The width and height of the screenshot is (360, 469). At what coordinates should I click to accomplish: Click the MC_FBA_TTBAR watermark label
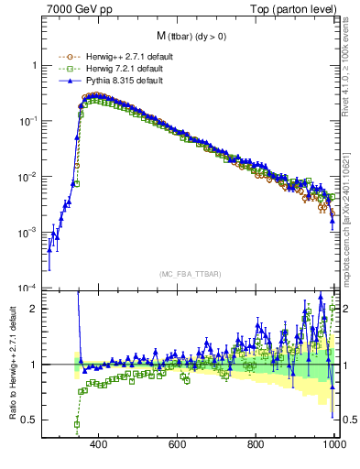click(x=189, y=274)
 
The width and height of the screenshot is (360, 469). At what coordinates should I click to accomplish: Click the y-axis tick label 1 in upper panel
click(x=33, y=66)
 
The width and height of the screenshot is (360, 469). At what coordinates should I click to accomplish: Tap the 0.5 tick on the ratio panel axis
click(x=29, y=420)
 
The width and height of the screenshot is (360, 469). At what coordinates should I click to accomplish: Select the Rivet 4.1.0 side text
click(x=350, y=64)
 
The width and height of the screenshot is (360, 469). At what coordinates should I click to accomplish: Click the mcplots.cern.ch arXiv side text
click(x=350, y=211)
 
